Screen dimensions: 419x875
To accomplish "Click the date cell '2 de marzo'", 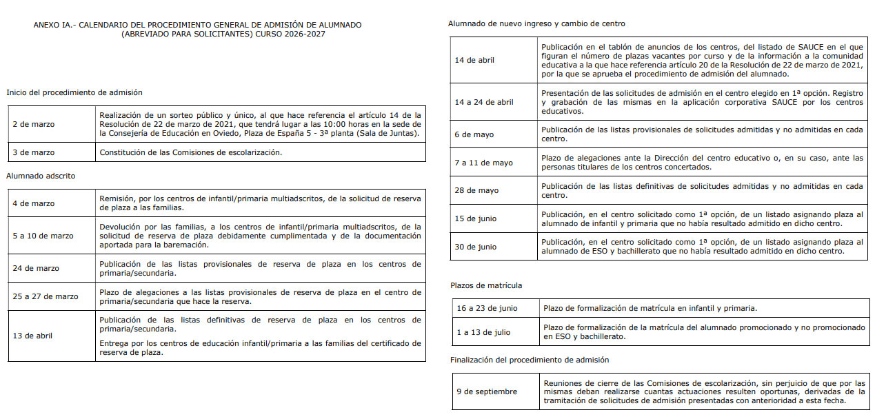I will [34, 124].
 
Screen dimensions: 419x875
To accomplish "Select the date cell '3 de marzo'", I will [34, 152].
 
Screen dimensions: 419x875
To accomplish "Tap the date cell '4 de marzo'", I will [34, 203].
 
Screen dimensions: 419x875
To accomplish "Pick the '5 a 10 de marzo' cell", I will [43, 236].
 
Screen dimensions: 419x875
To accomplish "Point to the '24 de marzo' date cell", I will [36, 268].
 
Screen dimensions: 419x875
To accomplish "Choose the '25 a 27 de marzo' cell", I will [46, 296].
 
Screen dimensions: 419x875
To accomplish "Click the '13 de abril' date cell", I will [33, 336].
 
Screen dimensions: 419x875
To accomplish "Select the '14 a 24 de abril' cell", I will [484, 102].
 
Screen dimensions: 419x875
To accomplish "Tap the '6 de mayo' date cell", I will [474, 134].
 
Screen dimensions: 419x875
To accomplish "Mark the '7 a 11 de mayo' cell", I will [483, 163].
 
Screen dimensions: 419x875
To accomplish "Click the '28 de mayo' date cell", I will [476, 190].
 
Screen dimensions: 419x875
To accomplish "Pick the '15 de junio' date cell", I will [476, 218].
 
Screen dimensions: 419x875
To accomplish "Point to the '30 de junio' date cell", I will [476, 247].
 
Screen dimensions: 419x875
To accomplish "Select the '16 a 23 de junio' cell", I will [487, 308].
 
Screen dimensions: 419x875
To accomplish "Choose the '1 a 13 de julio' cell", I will [483, 332].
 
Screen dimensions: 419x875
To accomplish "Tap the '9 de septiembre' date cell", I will [487, 391].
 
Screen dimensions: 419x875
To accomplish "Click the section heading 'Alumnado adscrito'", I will [41, 176].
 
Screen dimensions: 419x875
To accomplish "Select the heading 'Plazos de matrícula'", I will [486, 285].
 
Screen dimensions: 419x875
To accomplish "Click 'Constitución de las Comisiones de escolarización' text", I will [190, 152].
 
